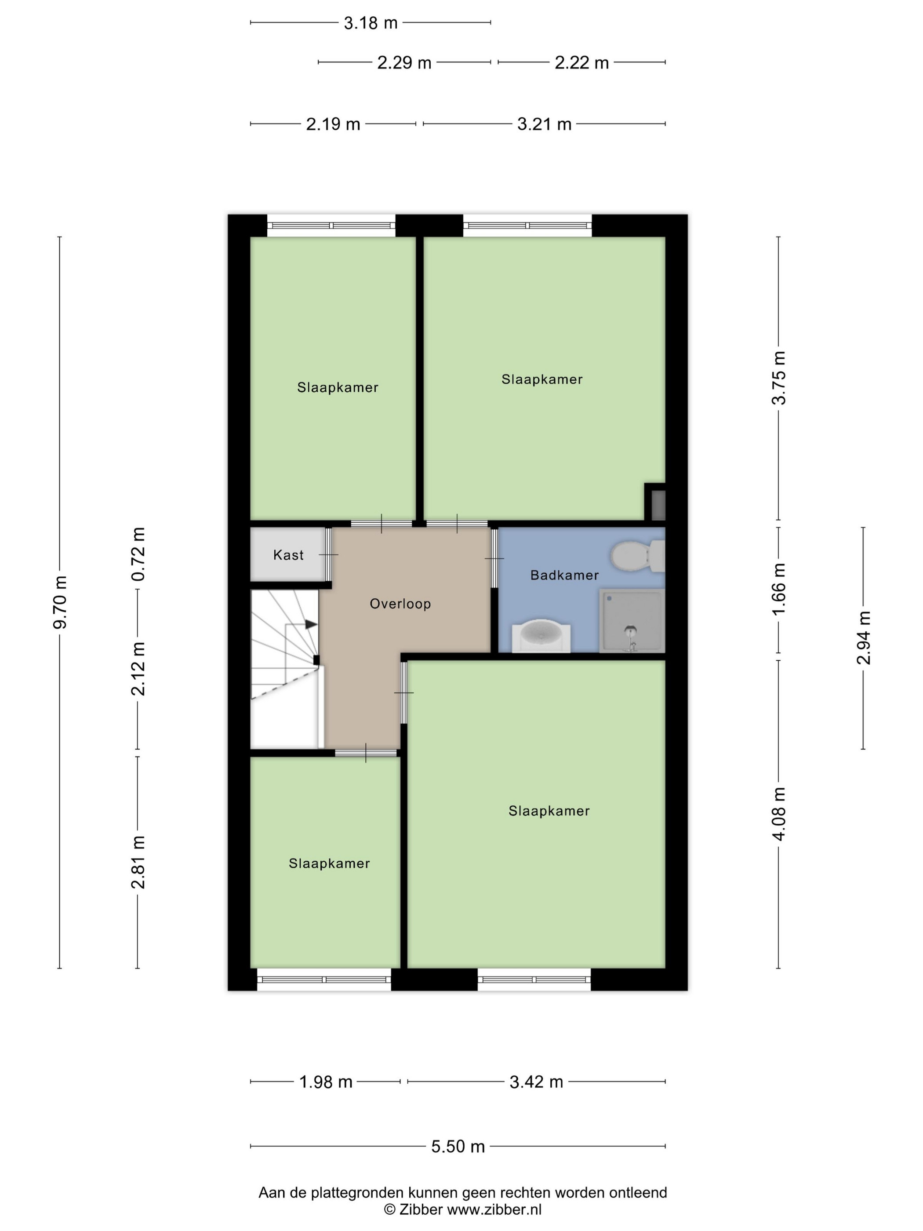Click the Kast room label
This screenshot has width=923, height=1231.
pyautogui.click(x=288, y=555)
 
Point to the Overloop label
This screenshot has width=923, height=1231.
pyautogui.click(x=400, y=604)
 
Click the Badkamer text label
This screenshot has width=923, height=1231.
pyautogui.click(x=564, y=575)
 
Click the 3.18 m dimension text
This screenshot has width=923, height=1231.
pyautogui.click(x=371, y=23)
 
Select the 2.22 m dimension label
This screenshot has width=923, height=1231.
pyautogui.click(x=581, y=62)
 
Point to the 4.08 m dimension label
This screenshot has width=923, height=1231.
pyautogui.click(x=779, y=814)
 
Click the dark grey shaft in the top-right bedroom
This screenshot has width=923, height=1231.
pyautogui.click(x=658, y=504)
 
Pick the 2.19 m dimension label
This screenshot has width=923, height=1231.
pyautogui.click(x=333, y=124)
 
